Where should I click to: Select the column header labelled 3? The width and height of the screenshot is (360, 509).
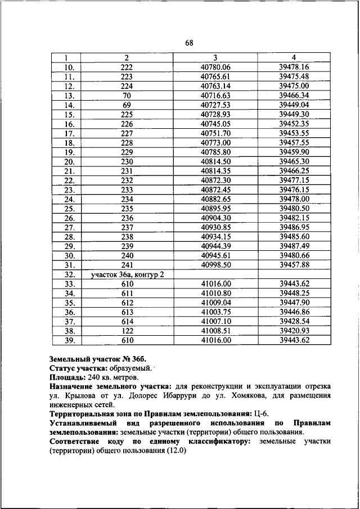click(x=215, y=57)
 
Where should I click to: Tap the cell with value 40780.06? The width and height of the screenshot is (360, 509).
click(x=215, y=67)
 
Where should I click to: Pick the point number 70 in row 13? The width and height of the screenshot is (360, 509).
click(x=127, y=96)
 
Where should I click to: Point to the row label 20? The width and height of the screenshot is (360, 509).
click(x=69, y=161)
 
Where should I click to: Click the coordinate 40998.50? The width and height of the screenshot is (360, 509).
click(x=215, y=265)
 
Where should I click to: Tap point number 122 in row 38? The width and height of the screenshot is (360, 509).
click(x=127, y=331)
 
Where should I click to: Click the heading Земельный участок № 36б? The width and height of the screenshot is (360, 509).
click(x=93, y=358)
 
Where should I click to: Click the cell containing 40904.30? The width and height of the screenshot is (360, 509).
click(x=215, y=218)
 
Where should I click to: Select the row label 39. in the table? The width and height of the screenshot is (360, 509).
click(x=69, y=340)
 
